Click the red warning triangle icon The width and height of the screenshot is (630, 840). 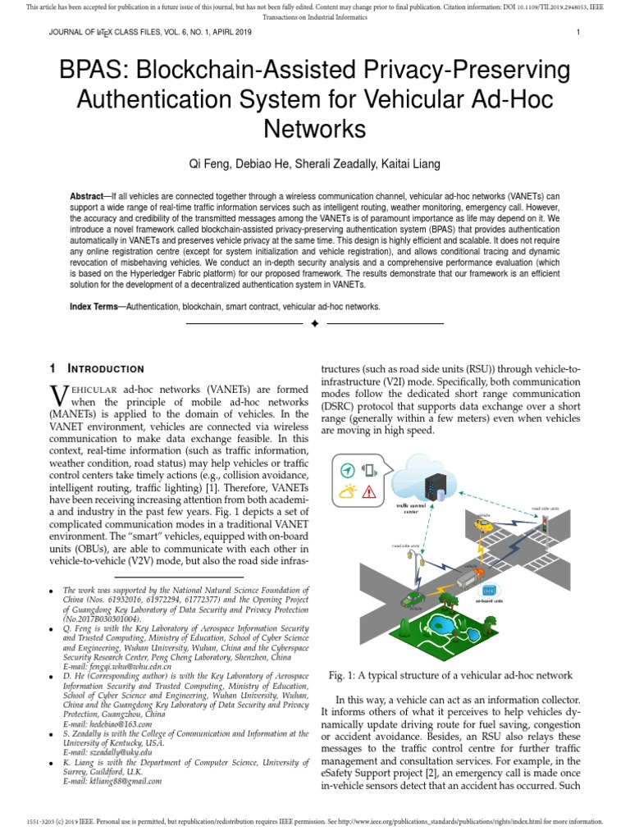coord(369,493)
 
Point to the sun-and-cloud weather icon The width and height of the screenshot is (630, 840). coord(349,493)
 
